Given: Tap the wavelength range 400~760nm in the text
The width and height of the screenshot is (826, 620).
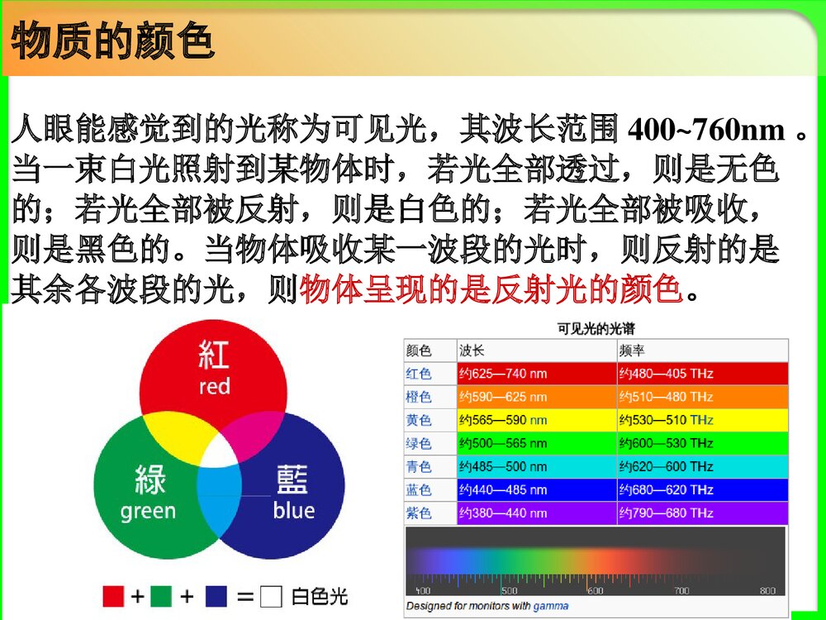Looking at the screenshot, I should click(706, 130).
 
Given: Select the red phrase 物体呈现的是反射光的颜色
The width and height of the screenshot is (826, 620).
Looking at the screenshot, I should click(491, 289).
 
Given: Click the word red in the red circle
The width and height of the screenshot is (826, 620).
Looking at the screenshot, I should click(214, 387).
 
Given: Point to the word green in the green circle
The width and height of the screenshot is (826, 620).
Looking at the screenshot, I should click(148, 511).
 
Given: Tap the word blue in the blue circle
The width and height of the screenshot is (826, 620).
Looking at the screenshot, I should click(293, 511).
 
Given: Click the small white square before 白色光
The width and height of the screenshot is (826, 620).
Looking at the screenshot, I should click(270, 596).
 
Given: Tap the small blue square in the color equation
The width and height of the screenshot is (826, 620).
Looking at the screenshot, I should click(216, 596).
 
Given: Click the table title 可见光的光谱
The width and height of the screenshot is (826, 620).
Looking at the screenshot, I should click(596, 328).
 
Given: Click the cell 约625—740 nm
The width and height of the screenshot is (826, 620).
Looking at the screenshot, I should click(503, 374).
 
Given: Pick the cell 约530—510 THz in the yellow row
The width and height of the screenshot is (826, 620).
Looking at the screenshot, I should click(666, 420).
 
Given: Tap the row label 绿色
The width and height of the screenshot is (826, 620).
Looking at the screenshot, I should click(419, 444).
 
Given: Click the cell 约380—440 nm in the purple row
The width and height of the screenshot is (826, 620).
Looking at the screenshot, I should click(503, 513).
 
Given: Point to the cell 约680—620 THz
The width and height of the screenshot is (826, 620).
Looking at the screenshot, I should click(666, 490).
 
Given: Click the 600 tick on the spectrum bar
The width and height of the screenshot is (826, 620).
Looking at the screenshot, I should click(595, 590).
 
